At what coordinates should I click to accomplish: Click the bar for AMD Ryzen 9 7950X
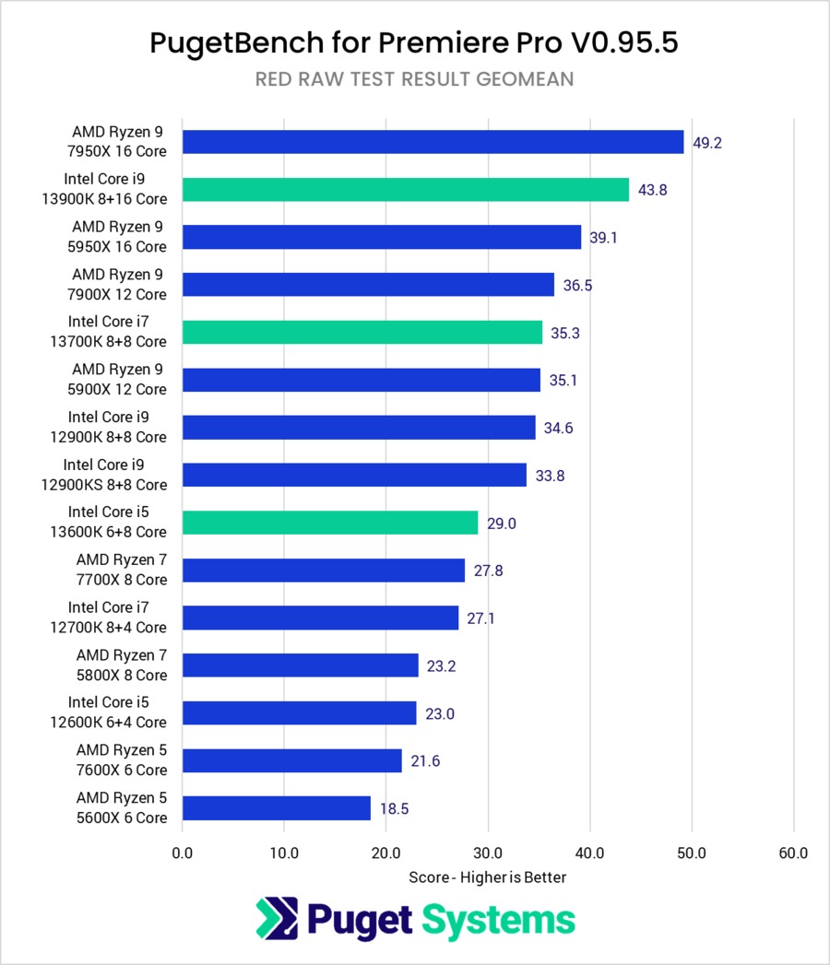tap(433, 141)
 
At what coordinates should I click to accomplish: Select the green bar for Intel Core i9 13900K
tap(406, 189)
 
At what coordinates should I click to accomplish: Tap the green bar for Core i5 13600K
tap(330, 523)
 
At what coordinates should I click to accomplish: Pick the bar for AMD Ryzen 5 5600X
tap(277, 808)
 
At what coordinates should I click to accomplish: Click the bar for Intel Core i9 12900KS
tap(354, 475)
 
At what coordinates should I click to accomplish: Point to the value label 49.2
tap(706, 142)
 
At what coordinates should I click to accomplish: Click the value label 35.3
tap(565, 332)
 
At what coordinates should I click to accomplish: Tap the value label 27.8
tap(488, 571)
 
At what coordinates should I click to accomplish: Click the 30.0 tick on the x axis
tap(488, 853)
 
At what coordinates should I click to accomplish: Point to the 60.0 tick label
tap(793, 853)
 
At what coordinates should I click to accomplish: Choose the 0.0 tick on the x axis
tap(183, 853)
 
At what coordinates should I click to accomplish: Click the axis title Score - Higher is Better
tap(488, 877)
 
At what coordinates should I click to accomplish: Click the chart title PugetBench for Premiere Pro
tap(414, 43)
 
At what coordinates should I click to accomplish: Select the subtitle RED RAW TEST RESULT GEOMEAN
tap(414, 79)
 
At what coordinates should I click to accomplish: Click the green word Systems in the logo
tap(498, 919)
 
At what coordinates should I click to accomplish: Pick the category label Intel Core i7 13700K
tap(117, 332)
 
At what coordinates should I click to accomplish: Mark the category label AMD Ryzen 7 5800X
tap(121, 665)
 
